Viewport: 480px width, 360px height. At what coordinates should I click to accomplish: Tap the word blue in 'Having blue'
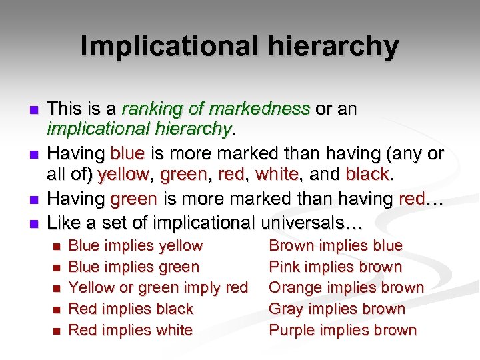[127, 154]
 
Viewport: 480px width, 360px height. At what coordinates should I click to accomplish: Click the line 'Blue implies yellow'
[135, 246]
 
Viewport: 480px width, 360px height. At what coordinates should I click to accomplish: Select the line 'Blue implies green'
[134, 267]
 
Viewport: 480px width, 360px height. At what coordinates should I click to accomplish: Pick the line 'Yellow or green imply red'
[158, 288]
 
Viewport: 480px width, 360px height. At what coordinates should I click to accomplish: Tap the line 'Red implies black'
[131, 309]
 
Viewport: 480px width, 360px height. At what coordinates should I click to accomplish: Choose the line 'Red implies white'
[131, 330]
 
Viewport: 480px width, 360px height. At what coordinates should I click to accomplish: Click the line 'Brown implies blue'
[335, 246]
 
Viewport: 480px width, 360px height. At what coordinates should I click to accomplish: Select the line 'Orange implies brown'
[346, 288]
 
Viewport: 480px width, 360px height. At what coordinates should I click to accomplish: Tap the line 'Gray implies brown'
[337, 309]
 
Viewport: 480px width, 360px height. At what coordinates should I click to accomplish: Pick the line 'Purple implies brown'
[343, 330]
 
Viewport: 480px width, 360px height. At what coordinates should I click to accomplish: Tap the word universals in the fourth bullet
[312, 221]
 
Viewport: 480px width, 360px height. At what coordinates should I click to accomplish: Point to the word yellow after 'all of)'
[123, 175]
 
